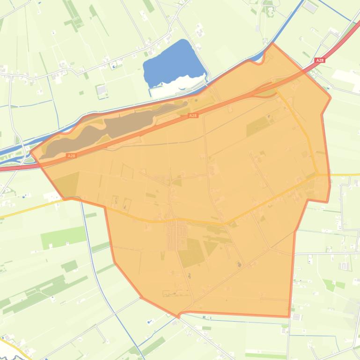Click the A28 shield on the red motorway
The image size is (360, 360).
coord(320,60)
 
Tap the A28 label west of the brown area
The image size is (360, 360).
coord(71,155)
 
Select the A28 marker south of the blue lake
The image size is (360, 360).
coord(192,115)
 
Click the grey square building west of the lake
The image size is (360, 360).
coord(101,89)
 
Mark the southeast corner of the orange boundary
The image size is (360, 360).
coord(288,317)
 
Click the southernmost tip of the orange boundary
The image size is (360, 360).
coord(179,317)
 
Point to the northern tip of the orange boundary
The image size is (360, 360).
coord(272,44)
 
